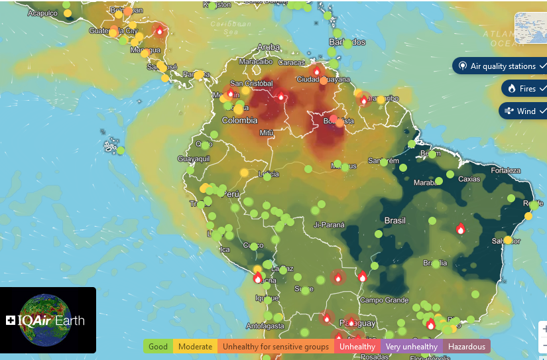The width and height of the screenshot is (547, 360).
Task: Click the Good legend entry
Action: (x=158, y=346)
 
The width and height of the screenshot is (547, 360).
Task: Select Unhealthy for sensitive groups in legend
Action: (x=275, y=346)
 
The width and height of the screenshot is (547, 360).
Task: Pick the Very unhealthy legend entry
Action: (x=411, y=346)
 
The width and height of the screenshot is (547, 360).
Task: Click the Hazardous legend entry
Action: (x=466, y=346)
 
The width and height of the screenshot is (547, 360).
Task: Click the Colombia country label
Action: (x=239, y=121)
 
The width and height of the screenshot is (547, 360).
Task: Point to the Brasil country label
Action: (x=395, y=220)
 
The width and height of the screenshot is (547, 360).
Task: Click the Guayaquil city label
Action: (x=194, y=159)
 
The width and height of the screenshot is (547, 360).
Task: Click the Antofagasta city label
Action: (x=265, y=326)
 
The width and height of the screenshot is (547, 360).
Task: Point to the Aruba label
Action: (x=269, y=47)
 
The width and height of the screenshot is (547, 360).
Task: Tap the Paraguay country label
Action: (x=359, y=322)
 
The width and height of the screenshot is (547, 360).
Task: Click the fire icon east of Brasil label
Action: (x=460, y=229)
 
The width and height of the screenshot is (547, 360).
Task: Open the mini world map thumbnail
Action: (x=530, y=29)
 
